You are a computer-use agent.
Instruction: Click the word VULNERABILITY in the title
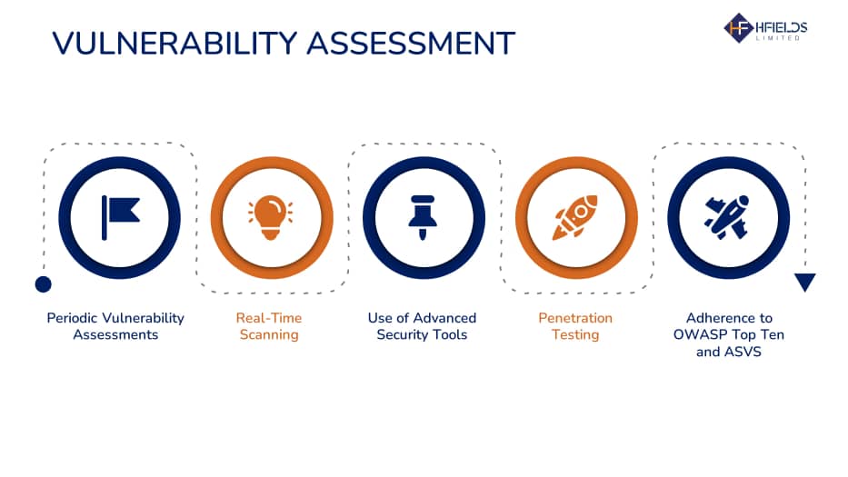[175, 44]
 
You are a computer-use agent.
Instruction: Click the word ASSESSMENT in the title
[411, 44]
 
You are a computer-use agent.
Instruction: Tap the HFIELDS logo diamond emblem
[738, 27]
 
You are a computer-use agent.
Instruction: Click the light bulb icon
[271, 217]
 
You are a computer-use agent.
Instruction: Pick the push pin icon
[423, 217]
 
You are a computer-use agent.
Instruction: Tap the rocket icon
[575, 217]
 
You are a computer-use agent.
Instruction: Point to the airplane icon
[727, 217]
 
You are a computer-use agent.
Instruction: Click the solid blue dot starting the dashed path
[44, 283]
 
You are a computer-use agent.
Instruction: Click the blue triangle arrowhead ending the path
[804, 282]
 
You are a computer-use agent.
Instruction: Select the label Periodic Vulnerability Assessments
[115, 326]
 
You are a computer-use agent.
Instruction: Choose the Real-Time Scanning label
[269, 326]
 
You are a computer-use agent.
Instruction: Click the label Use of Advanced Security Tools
[422, 326]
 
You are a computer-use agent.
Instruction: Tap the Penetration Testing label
[575, 326]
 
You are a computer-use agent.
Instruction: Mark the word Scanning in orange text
[269, 335]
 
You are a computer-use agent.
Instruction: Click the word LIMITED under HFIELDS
[778, 38]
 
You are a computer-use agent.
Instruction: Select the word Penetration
[575, 318]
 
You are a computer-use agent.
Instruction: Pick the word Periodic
[72, 318]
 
